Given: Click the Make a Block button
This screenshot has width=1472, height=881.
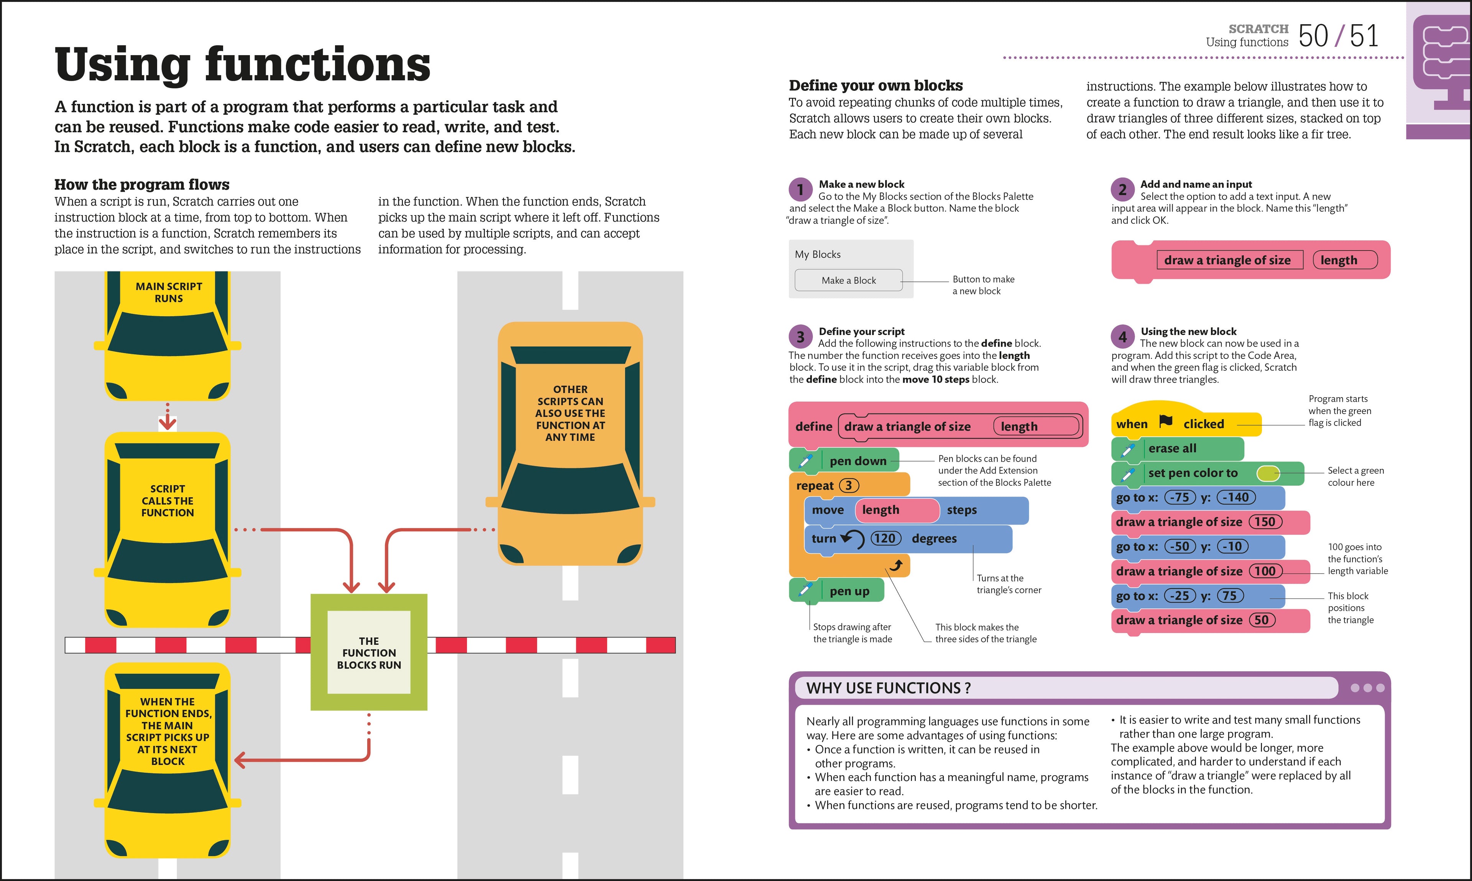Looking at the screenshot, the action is (848, 280).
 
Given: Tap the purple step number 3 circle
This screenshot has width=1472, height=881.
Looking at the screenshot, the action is (800, 337).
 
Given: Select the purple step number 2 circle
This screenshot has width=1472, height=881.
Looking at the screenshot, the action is (1122, 189).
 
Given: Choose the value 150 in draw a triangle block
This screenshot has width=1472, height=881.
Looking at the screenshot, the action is (1265, 522).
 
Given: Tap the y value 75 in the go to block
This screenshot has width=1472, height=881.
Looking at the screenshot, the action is (1230, 595).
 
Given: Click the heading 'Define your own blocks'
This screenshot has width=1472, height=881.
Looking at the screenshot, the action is (876, 85).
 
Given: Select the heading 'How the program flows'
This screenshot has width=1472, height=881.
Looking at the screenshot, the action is (142, 185).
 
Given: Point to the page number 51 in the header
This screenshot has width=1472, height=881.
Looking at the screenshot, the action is (1364, 36).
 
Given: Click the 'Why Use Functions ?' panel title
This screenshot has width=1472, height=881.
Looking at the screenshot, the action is (889, 688).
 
